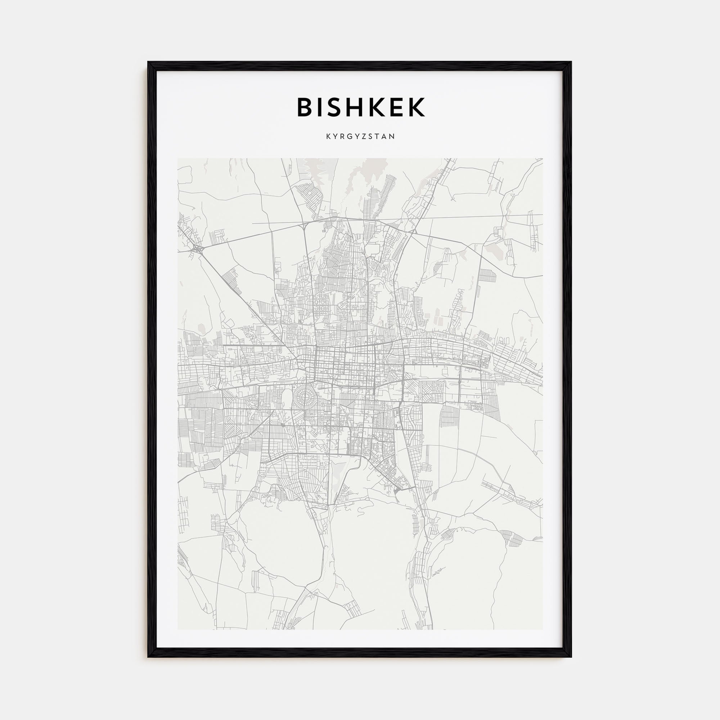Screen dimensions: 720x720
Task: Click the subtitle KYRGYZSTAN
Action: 360,137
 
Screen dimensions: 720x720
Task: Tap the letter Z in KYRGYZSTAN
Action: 365,137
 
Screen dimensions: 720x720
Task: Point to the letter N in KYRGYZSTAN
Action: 392,137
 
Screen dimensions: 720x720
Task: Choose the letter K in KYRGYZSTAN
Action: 328,137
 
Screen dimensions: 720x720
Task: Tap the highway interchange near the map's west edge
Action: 198,248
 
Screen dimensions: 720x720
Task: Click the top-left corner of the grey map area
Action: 178,158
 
